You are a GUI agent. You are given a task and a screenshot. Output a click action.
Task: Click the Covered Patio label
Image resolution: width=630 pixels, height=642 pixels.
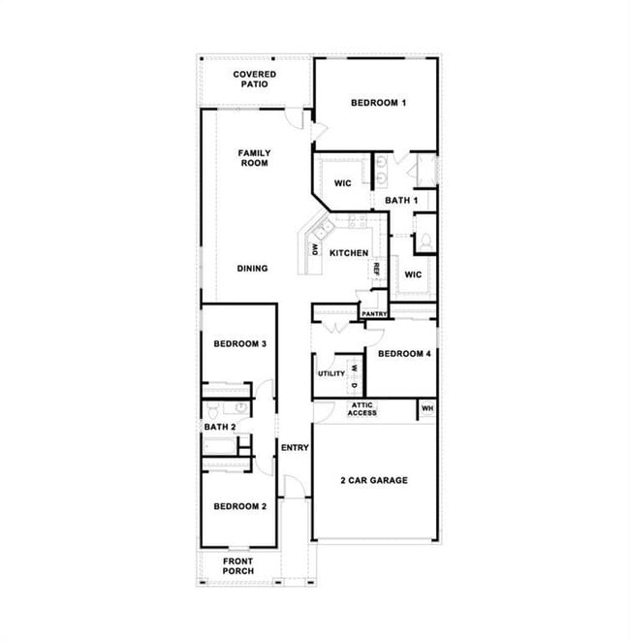(x=255, y=80)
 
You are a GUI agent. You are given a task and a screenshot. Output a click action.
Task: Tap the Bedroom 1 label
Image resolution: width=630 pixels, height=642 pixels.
(x=378, y=103)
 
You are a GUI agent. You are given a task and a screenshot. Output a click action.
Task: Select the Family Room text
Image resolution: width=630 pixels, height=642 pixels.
(x=255, y=158)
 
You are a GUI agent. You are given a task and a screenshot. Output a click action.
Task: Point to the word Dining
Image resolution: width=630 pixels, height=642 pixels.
(x=252, y=269)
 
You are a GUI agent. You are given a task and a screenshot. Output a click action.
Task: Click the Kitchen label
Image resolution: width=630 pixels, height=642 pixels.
(x=349, y=253)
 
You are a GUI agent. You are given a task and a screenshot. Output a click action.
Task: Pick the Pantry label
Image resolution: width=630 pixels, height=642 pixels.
(x=374, y=314)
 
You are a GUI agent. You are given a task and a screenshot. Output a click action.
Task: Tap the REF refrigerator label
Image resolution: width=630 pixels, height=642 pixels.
(x=377, y=269)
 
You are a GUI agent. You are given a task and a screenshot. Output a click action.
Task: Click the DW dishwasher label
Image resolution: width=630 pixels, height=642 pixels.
(x=315, y=249)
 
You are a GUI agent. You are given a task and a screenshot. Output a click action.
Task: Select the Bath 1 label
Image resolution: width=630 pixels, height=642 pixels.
(x=400, y=201)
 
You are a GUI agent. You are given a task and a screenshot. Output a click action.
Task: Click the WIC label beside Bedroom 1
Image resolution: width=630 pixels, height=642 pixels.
(x=342, y=183)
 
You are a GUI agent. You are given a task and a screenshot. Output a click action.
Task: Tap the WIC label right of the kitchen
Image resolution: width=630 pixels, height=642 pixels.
(x=413, y=274)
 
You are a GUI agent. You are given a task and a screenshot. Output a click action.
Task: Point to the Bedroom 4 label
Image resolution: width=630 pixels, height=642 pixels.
(x=404, y=354)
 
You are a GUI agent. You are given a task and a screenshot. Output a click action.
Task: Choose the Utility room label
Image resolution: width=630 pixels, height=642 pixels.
(x=331, y=373)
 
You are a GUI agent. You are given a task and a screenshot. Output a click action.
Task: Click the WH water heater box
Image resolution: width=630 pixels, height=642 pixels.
(x=426, y=409)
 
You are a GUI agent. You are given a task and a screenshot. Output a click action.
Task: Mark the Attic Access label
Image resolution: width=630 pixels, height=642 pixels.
(x=362, y=409)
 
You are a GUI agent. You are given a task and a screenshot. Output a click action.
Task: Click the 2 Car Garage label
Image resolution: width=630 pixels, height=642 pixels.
(x=374, y=480)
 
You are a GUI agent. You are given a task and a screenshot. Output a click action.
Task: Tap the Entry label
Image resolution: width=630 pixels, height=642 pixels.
(x=295, y=448)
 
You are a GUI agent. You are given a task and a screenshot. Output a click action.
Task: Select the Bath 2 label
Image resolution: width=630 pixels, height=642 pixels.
(x=220, y=427)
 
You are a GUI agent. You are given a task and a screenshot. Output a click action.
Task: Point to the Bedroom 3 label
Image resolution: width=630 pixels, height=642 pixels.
(x=240, y=344)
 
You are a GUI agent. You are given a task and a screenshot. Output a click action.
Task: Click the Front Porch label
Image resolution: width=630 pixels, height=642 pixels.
(x=238, y=566)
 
